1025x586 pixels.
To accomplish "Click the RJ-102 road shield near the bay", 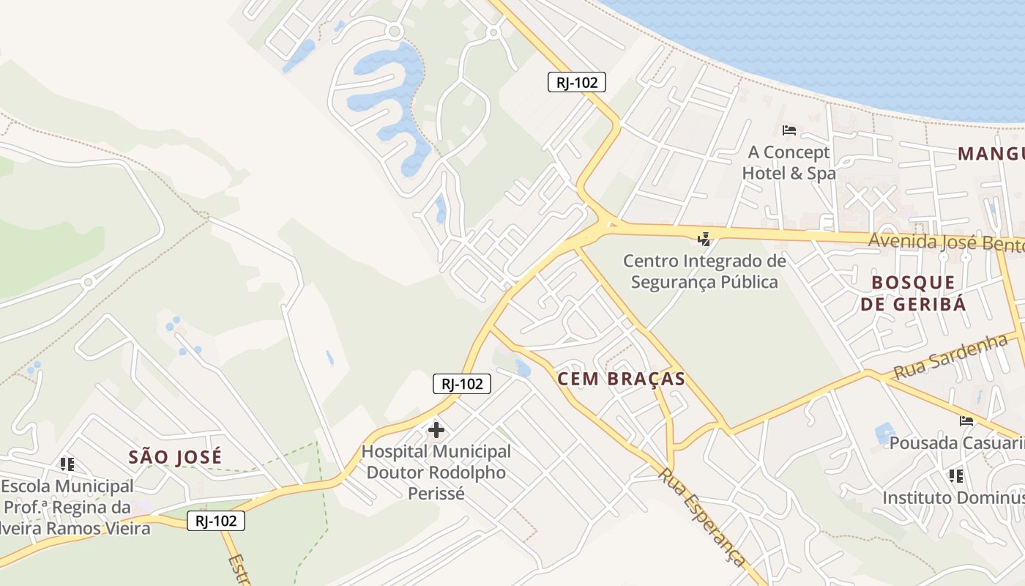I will click(x=577, y=82).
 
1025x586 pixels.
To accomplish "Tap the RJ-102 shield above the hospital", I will click(x=461, y=383).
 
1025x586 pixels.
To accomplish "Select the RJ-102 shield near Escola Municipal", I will click(x=215, y=521).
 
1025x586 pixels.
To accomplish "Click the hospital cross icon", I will click(x=436, y=429).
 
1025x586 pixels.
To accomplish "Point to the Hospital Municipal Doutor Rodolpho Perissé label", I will click(x=436, y=472).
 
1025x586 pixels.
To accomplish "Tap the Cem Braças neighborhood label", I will click(x=621, y=379).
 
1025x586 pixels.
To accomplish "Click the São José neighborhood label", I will click(x=175, y=457).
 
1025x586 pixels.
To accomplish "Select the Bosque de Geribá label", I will click(x=913, y=293).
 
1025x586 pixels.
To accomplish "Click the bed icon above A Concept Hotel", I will click(x=789, y=130).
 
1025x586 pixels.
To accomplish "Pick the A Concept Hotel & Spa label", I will click(x=789, y=163).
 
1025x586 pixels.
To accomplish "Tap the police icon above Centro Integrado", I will click(x=704, y=239).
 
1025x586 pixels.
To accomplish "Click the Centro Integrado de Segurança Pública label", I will click(x=704, y=271).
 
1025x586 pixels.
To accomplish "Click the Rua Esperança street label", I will click(x=701, y=516).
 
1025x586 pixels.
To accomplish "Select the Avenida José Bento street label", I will click(x=944, y=242).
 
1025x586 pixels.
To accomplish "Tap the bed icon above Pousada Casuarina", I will click(x=966, y=420).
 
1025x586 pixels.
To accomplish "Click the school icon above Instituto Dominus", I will click(x=955, y=476).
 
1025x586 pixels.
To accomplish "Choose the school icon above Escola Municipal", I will click(x=67, y=464).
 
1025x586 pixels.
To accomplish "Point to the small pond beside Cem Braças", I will click(x=522, y=368).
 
